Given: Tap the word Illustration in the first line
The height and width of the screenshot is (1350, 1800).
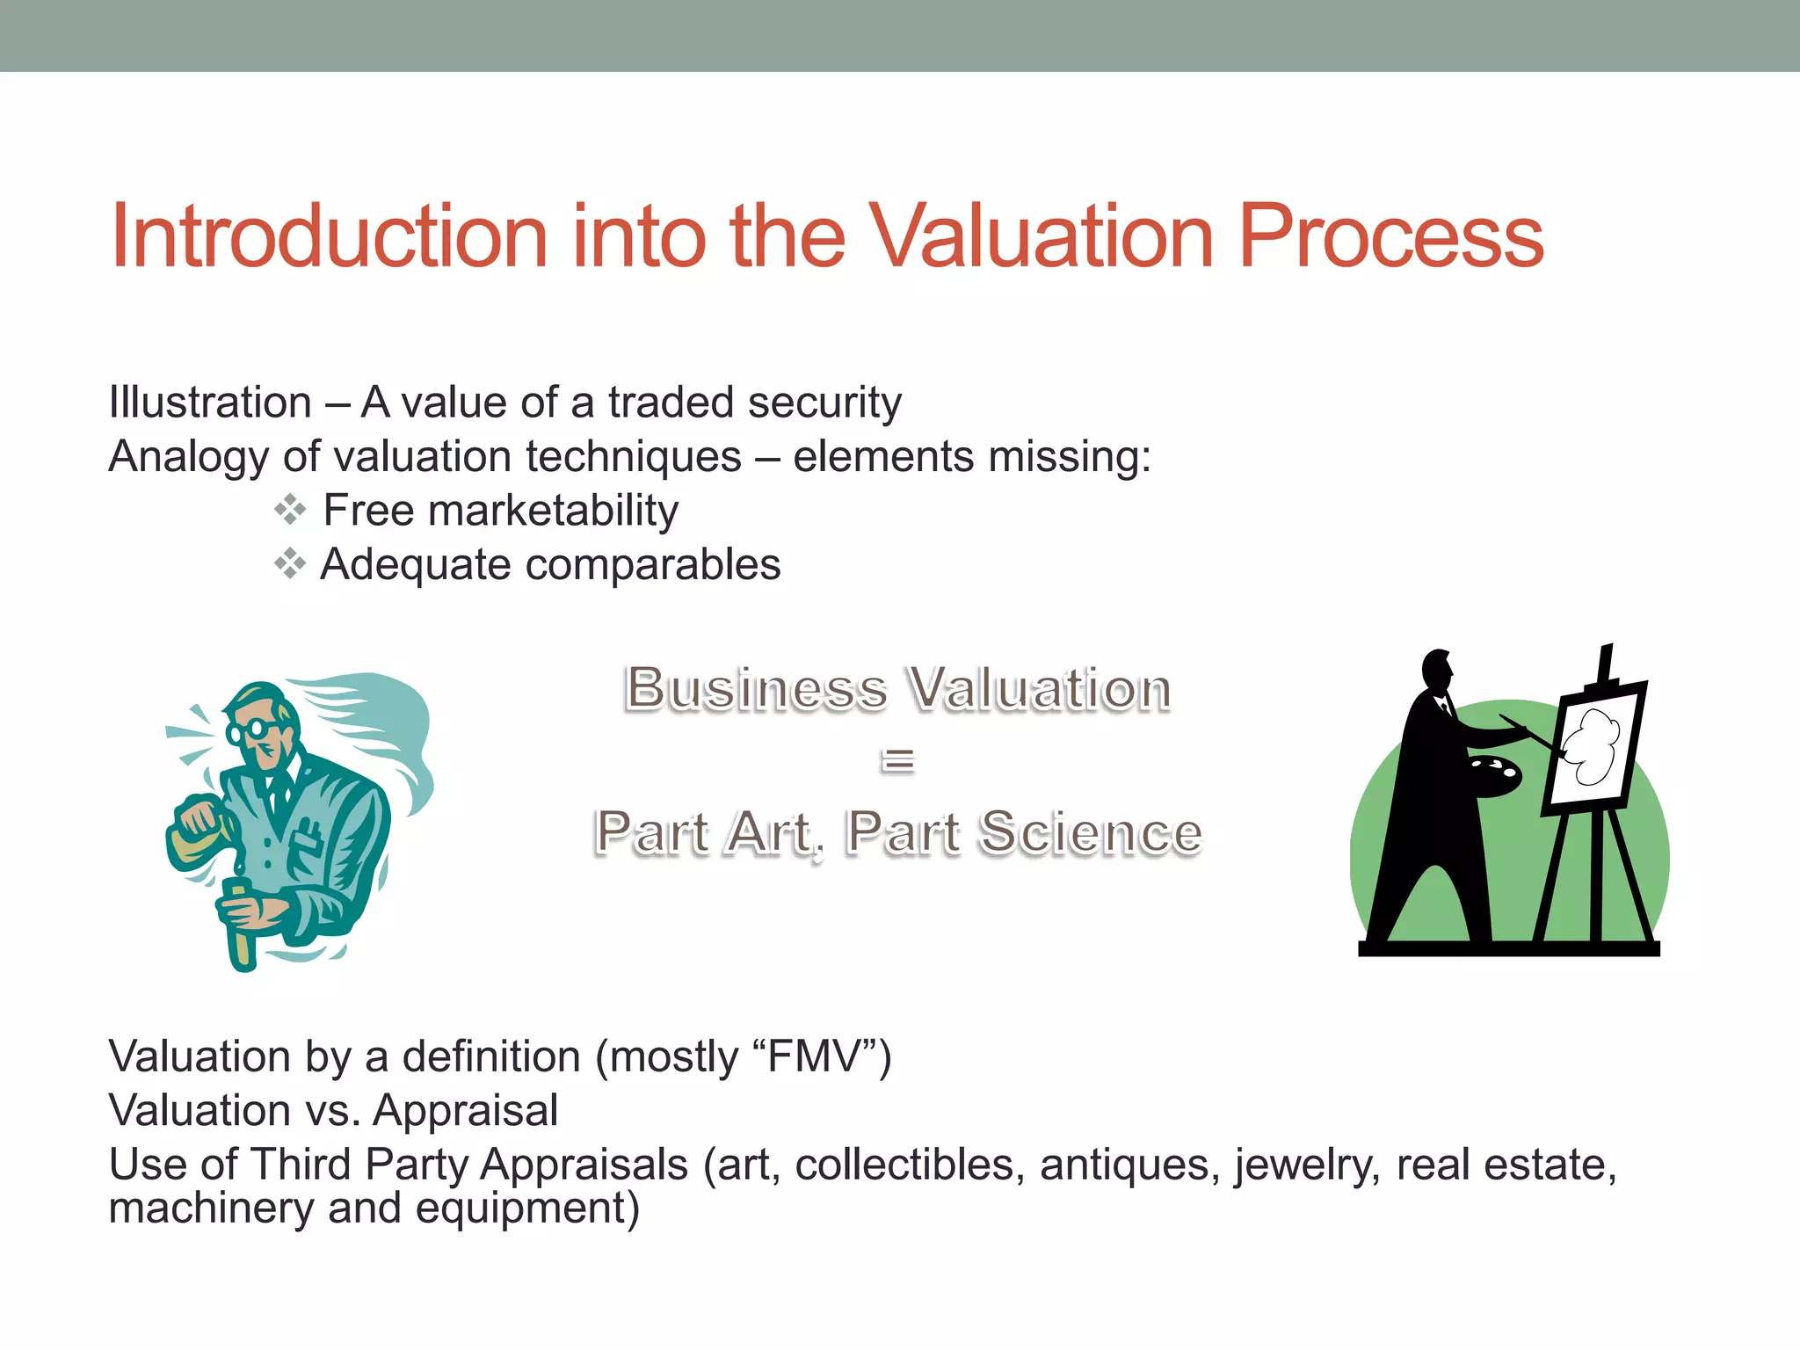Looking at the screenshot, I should tap(210, 403).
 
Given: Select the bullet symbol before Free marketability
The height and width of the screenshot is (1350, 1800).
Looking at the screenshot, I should tap(289, 510).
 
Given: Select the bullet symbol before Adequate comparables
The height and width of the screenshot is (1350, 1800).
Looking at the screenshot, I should tap(289, 563).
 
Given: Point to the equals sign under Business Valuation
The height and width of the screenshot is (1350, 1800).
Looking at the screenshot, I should tap(897, 760).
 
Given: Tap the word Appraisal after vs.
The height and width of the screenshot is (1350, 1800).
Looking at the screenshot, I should tap(465, 1110).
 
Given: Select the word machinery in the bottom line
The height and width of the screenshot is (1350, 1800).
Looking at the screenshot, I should tap(211, 1208).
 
